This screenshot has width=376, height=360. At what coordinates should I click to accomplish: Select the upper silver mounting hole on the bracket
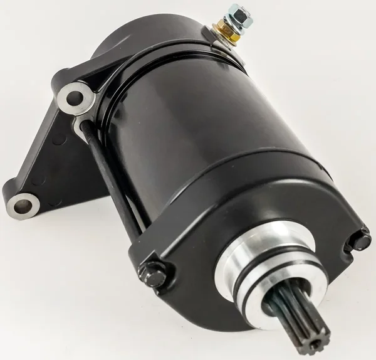tap(74, 98)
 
